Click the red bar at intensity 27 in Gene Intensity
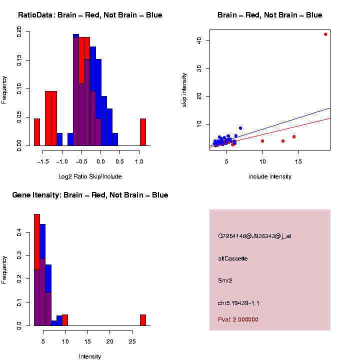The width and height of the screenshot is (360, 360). tap(142, 320)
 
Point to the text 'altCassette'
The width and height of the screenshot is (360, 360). tap(232, 258)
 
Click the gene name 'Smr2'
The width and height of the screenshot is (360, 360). tap(225, 280)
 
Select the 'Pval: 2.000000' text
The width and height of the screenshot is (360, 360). tap(238, 319)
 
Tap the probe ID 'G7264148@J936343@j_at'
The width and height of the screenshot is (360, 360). tap(254, 236)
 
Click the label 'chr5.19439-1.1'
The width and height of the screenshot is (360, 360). tap(238, 303)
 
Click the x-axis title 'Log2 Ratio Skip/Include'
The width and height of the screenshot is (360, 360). tap(90, 176)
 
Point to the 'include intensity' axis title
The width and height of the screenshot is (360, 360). tap(270, 176)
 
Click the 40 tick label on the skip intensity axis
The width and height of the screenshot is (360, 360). tap(200, 40)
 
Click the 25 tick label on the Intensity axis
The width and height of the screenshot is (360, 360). tap(131, 341)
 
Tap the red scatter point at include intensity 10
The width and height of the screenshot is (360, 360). tap(262, 141)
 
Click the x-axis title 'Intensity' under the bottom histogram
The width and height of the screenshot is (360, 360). tap(90, 356)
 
